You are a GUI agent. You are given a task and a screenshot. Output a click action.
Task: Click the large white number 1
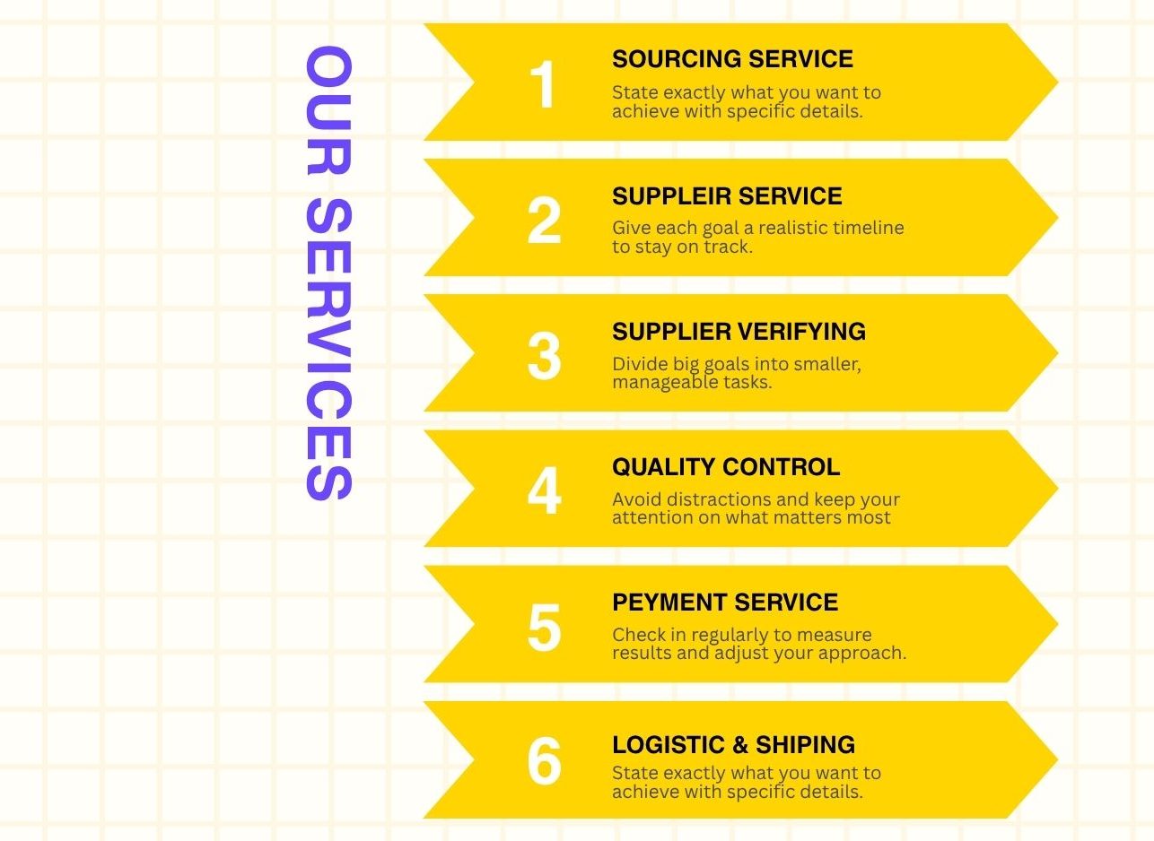click(x=543, y=84)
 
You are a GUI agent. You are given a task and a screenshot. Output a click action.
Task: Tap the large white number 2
click(x=544, y=220)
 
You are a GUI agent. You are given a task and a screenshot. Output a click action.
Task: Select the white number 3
click(x=544, y=356)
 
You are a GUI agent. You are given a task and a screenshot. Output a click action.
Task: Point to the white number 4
click(x=544, y=490)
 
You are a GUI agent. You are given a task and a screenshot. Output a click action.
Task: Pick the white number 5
click(x=544, y=627)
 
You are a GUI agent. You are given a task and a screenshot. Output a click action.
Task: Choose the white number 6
click(x=544, y=760)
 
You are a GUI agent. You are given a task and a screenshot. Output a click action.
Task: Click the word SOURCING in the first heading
click(x=677, y=58)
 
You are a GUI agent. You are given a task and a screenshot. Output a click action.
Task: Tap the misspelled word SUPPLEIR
click(x=671, y=196)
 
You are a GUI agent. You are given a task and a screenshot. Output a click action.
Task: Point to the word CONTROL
click(x=782, y=467)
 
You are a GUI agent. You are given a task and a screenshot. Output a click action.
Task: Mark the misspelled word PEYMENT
click(x=669, y=603)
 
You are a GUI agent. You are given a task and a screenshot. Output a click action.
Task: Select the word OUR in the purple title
click(x=328, y=110)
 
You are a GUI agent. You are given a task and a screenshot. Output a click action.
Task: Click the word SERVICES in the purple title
click(x=328, y=350)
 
